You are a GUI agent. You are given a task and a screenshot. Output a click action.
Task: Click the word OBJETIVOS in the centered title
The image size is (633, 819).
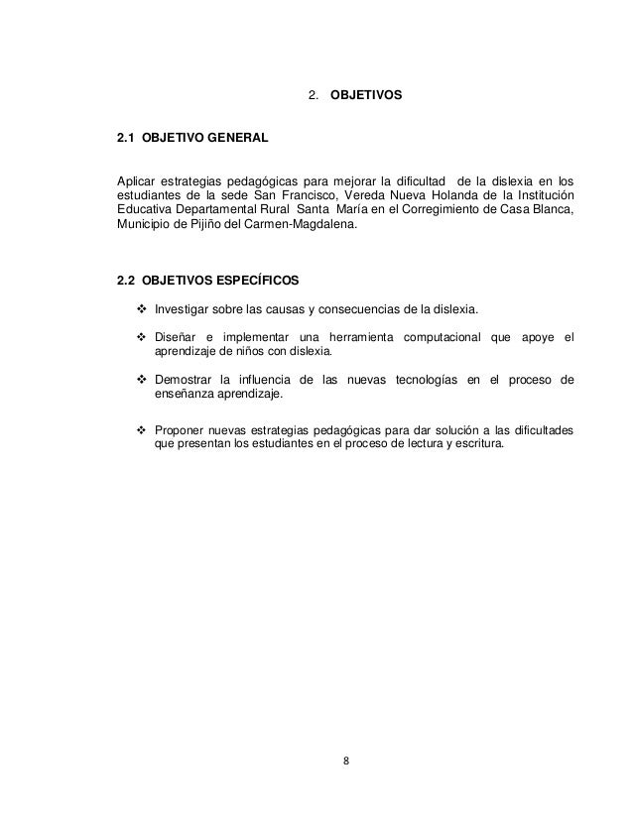[365, 96]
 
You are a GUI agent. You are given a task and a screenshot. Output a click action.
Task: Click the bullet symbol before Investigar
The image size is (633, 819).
[141, 306]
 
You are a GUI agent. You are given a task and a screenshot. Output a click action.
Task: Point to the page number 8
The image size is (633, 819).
[344, 761]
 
